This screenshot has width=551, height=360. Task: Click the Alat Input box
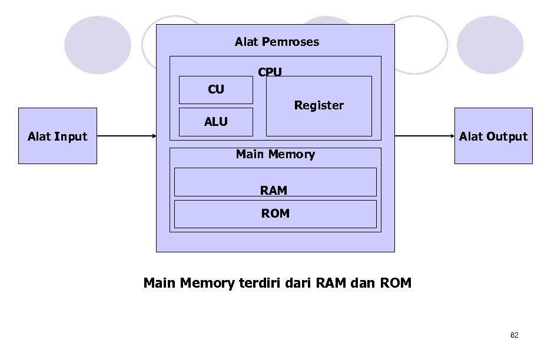(58, 136)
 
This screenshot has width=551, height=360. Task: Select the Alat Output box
(493, 136)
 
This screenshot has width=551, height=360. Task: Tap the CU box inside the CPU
(215, 90)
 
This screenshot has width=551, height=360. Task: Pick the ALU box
(215, 122)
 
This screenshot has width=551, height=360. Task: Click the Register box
(319, 106)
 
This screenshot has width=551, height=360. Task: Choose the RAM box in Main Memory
(275, 182)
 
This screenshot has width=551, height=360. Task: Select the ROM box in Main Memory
(275, 214)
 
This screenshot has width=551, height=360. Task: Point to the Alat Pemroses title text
(277, 42)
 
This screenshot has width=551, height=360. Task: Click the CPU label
(270, 72)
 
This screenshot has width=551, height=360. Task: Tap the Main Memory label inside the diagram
(275, 154)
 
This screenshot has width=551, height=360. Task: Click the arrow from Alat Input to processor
(126, 136)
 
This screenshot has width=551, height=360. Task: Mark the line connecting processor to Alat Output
(424, 136)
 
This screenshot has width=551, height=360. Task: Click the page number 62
(515, 335)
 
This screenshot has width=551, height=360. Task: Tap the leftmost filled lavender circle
(97, 45)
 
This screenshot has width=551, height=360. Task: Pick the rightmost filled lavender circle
(490, 45)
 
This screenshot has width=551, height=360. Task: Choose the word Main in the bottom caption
(160, 284)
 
